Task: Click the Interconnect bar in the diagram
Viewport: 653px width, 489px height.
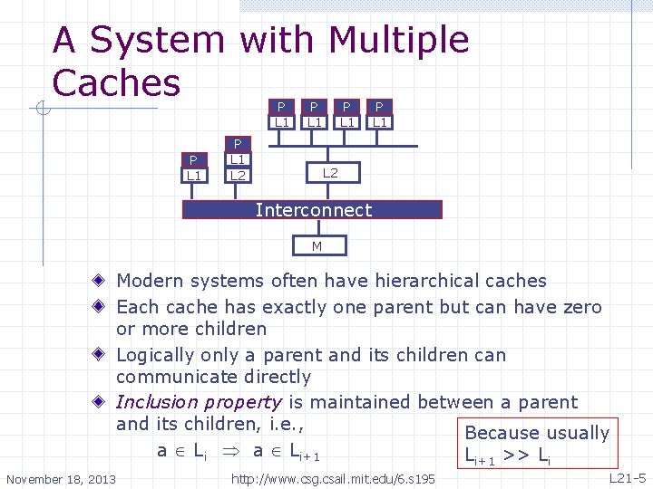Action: tap(312, 210)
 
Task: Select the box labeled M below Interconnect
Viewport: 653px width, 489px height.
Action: tap(317, 245)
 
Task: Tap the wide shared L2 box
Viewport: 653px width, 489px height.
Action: tap(330, 172)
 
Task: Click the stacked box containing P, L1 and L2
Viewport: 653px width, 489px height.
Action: tap(238, 159)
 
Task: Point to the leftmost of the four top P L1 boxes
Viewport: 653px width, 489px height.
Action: tap(283, 114)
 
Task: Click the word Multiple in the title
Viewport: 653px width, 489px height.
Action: tap(399, 41)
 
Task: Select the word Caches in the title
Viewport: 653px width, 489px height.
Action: tap(116, 82)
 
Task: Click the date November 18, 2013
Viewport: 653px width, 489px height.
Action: tap(61, 478)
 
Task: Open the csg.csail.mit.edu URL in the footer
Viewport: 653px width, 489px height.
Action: tap(334, 478)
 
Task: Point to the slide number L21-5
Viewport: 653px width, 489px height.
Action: tap(626, 477)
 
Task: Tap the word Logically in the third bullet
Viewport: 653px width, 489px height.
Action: tap(154, 356)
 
